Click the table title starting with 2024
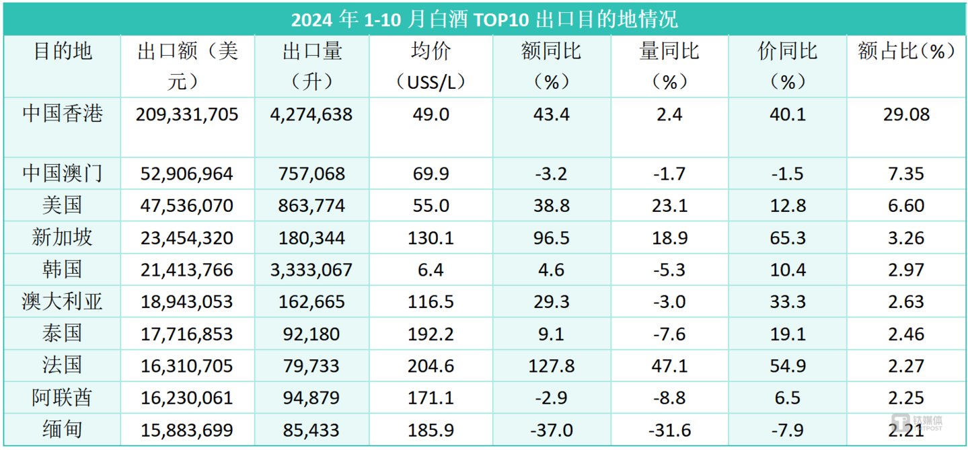tap(484, 18)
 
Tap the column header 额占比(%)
tap(906, 52)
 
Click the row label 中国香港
tap(62, 114)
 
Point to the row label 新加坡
tap(62, 237)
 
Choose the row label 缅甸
tap(62, 429)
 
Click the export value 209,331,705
tap(187, 114)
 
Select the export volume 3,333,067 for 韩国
tap(312, 270)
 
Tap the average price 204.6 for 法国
tap(431, 366)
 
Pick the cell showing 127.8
tap(551, 366)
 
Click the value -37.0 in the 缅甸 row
tap(551, 430)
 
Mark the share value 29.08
tap(906, 114)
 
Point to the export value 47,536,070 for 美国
tap(187, 206)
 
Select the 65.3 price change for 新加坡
tap(787, 238)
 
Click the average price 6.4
tap(431, 270)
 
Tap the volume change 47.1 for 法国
tap(669, 366)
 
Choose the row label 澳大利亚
tap(62, 301)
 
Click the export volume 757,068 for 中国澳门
tap(312, 174)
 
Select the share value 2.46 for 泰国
tap(906, 334)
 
